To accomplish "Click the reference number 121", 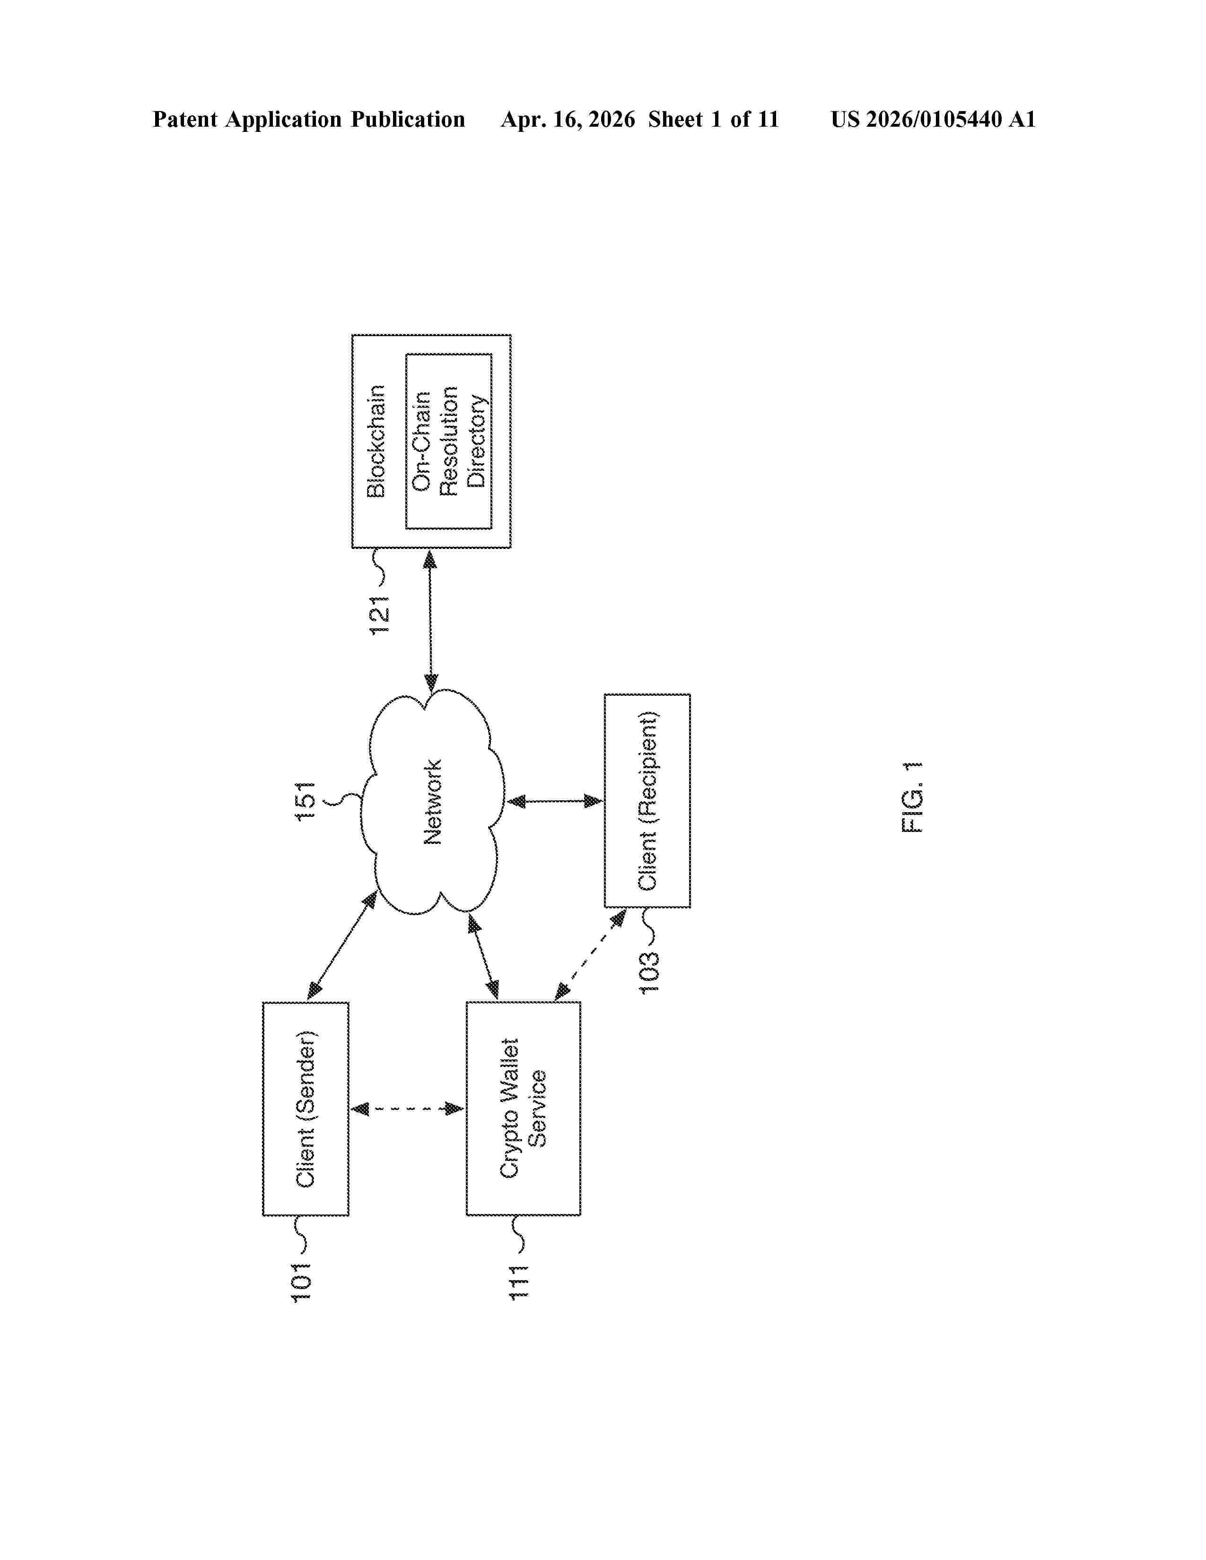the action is (x=379, y=615).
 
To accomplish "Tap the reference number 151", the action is (x=306, y=801).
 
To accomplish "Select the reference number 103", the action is (x=649, y=972).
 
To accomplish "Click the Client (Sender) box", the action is (x=306, y=1109).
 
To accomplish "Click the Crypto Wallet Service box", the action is (x=524, y=1109).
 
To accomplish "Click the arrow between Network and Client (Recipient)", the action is (x=554, y=801).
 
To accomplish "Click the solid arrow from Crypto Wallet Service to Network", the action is (x=483, y=958).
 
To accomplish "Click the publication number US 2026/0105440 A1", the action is (x=933, y=119).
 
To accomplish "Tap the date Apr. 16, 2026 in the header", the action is (x=568, y=119).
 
